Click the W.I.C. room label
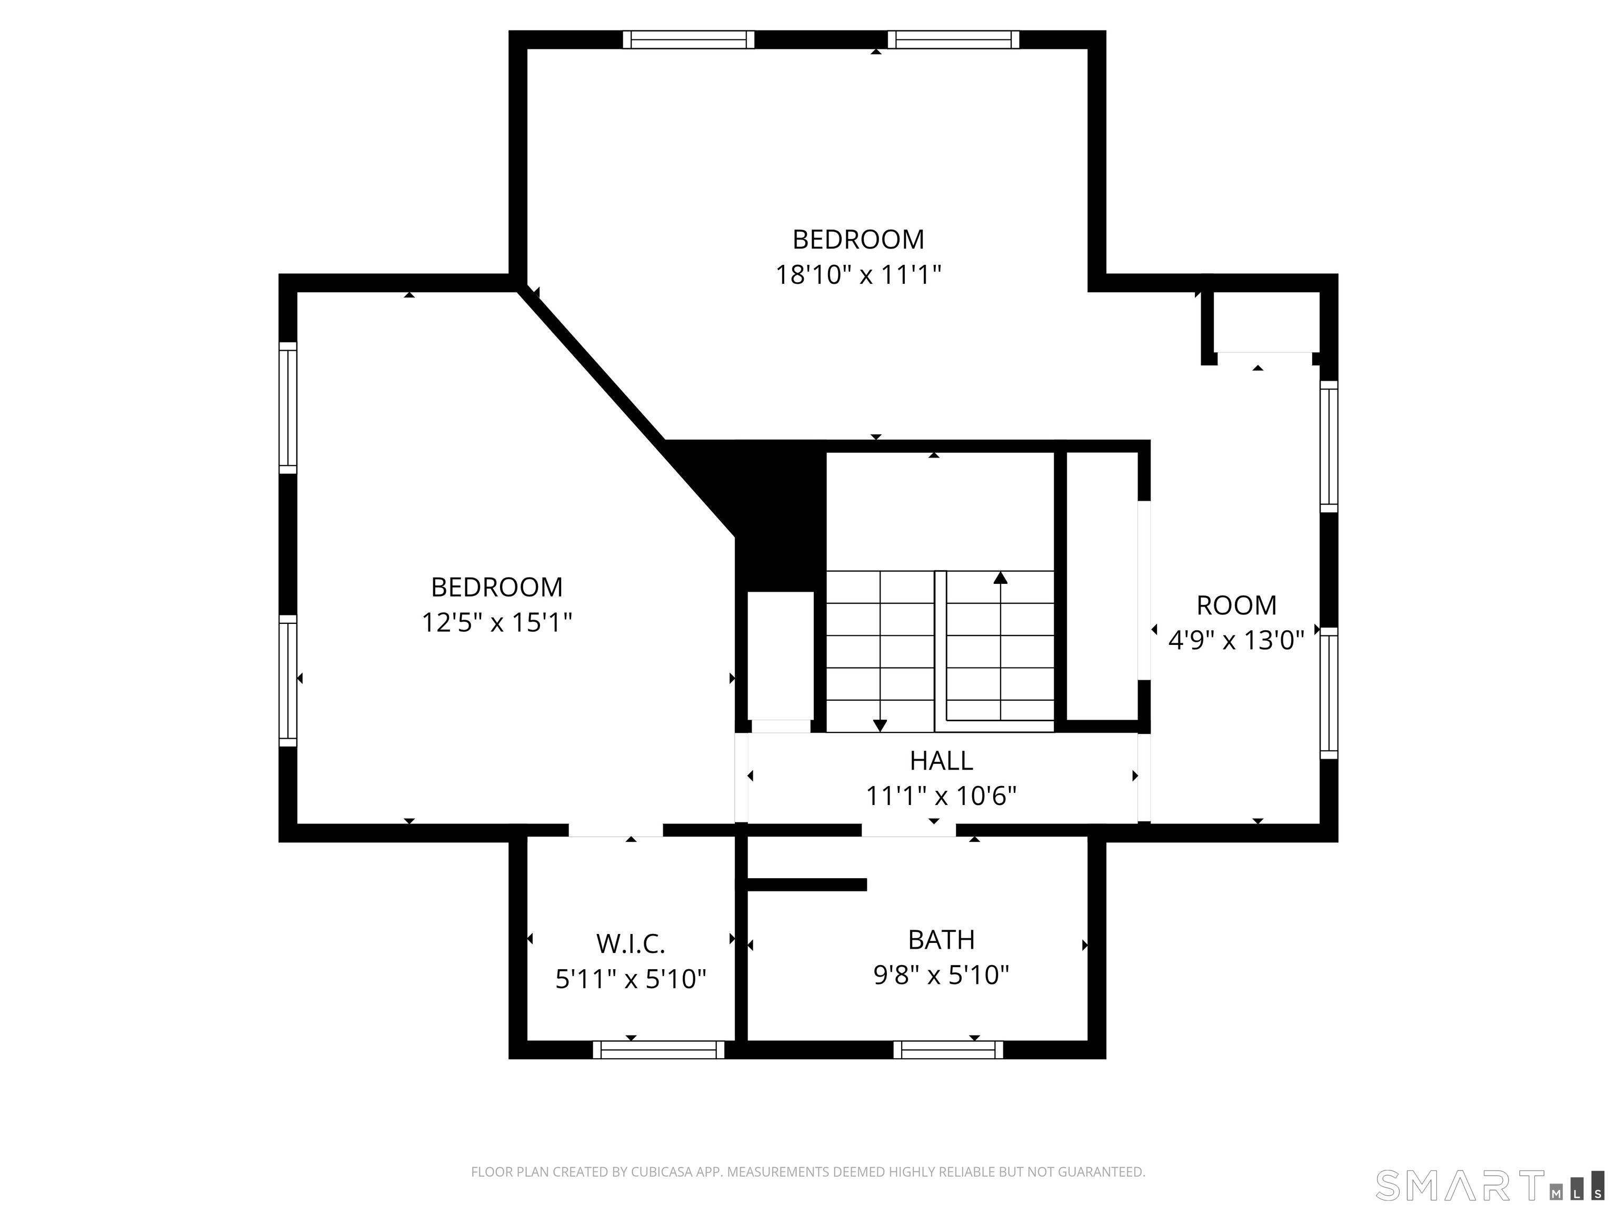click(x=630, y=943)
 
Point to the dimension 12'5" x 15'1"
click(x=496, y=622)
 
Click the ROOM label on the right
click(x=1236, y=605)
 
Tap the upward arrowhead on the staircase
click(x=1000, y=578)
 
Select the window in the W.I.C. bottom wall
click(x=658, y=1050)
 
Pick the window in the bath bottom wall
click(x=948, y=1050)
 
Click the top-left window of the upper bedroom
click(x=688, y=39)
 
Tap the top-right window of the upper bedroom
click(x=953, y=39)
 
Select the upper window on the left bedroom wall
click(x=288, y=407)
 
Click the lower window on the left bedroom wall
click(x=288, y=680)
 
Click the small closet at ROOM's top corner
click(x=1266, y=322)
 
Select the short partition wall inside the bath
click(x=807, y=884)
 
